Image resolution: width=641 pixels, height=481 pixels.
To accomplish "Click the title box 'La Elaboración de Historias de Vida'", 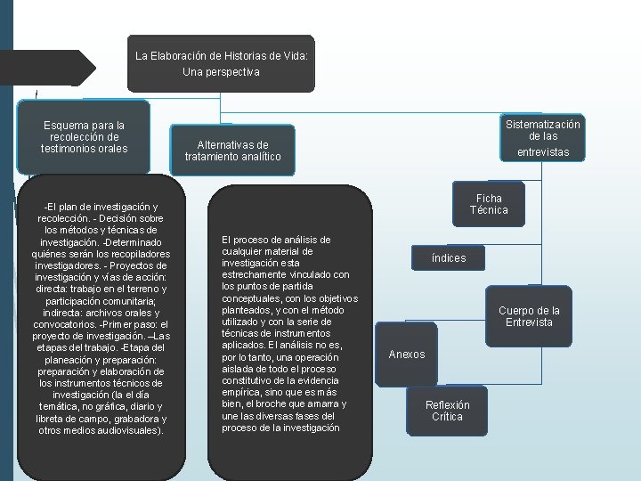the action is coord(221,62).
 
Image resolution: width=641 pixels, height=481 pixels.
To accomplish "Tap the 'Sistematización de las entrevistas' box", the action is coord(542,138).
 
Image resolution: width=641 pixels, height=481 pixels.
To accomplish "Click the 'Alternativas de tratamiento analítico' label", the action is coord(232,151).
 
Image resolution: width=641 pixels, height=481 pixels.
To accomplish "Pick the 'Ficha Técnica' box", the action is coord(489,204).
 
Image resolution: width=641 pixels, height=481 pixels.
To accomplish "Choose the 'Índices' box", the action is coord(448,258).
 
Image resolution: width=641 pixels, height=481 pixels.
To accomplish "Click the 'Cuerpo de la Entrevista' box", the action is coord(529,316).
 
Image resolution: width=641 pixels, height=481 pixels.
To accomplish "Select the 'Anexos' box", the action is coord(407,355).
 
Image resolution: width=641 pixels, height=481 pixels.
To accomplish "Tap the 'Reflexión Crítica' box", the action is coord(447,410).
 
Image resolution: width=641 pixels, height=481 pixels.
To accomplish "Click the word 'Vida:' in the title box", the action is coord(291,55).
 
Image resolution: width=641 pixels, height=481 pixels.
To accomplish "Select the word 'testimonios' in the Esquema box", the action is coord(70,148).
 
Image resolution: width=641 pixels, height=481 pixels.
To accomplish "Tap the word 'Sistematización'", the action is coord(542,125).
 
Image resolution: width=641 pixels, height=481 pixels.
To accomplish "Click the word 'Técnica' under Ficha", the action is coord(489,210).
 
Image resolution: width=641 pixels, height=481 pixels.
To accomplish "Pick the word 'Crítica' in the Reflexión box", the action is coord(447,416).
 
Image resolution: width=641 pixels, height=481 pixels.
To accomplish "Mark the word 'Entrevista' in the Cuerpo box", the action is coord(529,322).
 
